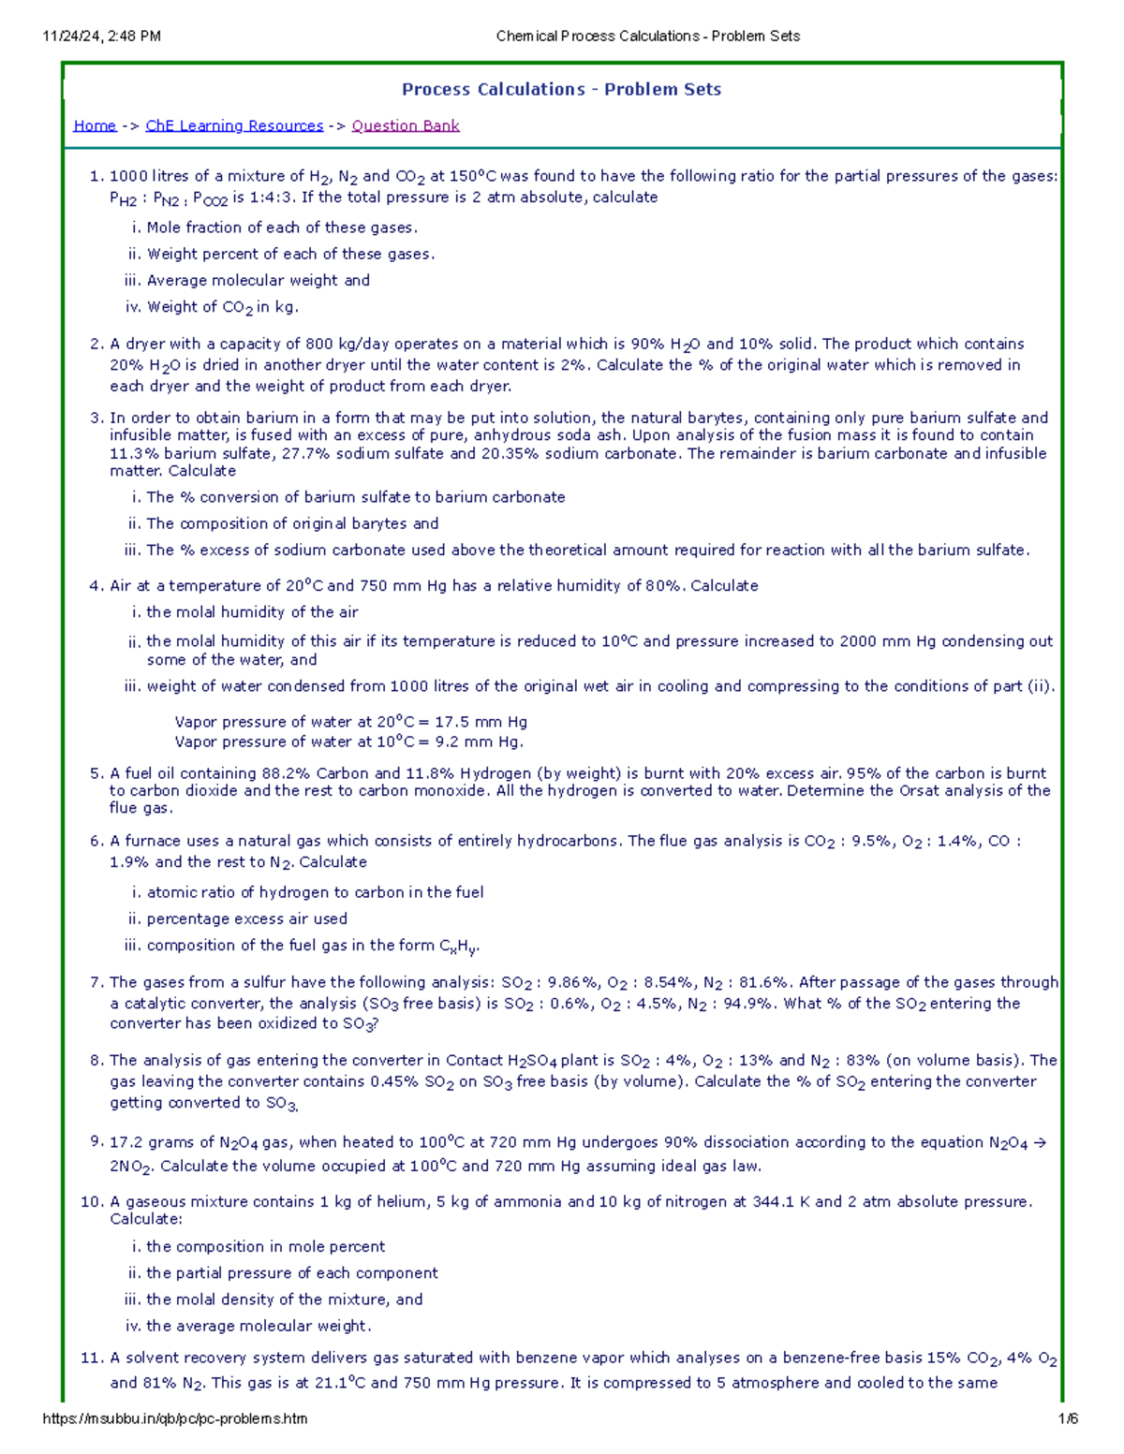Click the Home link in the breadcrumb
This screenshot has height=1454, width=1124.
pos(95,125)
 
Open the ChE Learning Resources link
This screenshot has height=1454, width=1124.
pos(234,125)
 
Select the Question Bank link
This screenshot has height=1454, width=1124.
pos(406,125)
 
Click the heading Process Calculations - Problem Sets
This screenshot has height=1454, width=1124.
pos(561,90)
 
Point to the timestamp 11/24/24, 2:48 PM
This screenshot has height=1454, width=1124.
pos(101,37)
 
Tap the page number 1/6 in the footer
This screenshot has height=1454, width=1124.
pos(1068,1418)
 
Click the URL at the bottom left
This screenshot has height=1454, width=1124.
pos(175,1418)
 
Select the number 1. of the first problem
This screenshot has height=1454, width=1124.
pos(96,176)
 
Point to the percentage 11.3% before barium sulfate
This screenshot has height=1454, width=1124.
pos(133,453)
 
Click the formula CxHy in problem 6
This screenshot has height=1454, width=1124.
pos(459,947)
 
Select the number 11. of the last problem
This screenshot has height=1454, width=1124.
pos(92,1359)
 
